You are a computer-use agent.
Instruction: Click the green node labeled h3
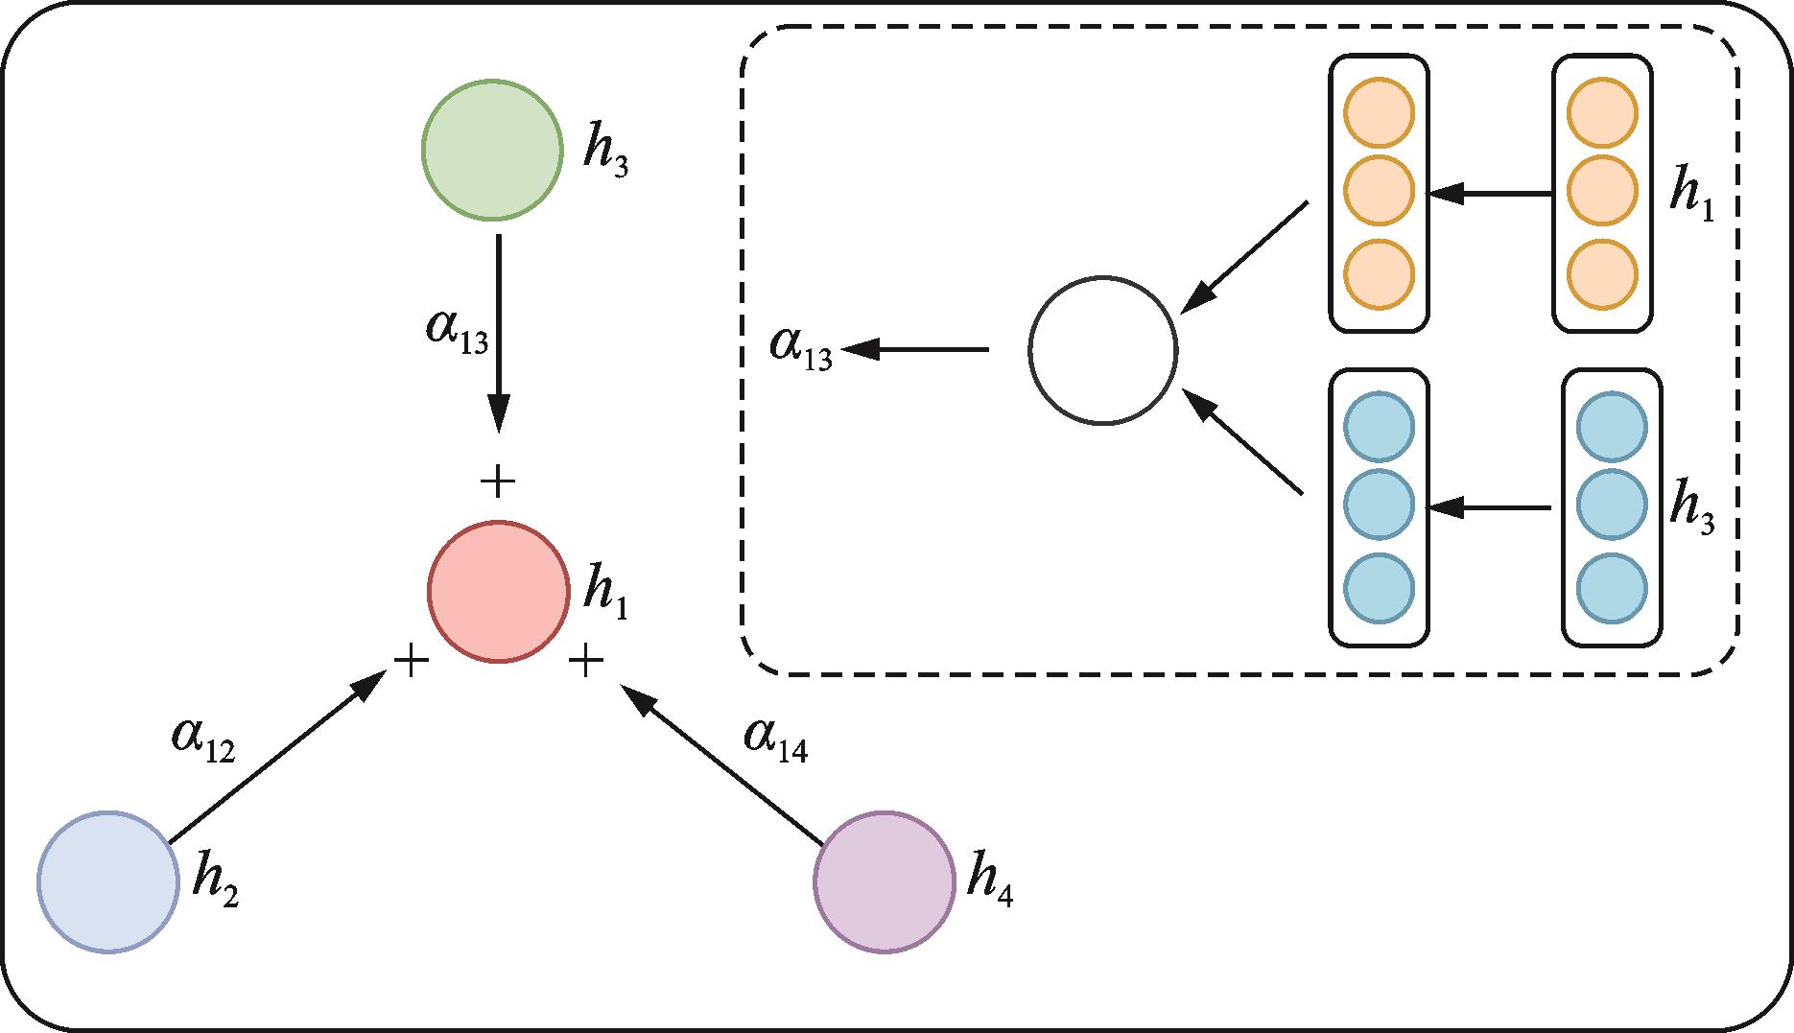point(492,150)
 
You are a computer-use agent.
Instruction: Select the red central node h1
point(498,592)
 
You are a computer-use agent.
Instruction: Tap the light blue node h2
point(108,881)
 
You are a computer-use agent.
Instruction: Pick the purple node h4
point(884,881)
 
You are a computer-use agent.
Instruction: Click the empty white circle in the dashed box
point(1102,351)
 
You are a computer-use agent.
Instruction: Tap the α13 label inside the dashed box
point(801,347)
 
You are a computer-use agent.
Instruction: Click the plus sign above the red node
point(497,481)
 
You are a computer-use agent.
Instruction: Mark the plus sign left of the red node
point(411,661)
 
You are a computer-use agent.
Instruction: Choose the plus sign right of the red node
point(585,661)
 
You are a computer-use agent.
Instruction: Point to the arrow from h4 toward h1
point(721,763)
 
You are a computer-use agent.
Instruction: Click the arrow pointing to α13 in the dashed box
point(915,350)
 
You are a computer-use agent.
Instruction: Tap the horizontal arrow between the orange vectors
point(1490,194)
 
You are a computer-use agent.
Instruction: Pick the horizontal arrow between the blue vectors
point(1490,507)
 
